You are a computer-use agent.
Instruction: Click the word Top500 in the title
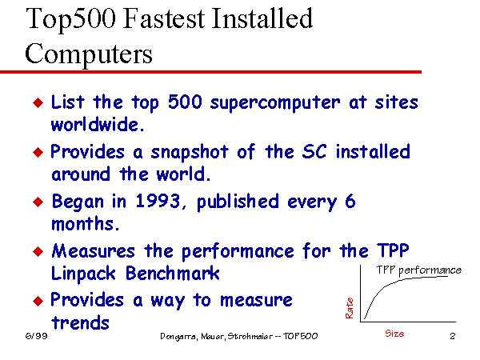click(x=71, y=19)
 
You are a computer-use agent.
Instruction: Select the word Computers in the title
click(x=89, y=54)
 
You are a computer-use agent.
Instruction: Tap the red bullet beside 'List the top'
click(x=38, y=103)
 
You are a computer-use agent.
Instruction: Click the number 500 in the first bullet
click(x=185, y=102)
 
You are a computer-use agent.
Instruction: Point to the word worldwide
click(x=98, y=125)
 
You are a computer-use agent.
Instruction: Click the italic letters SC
click(x=314, y=151)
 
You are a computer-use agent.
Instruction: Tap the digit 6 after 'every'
click(x=350, y=201)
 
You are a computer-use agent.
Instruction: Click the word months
click(x=85, y=223)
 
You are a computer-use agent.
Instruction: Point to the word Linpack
click(x=83, y=274)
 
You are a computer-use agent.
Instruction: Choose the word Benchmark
click(x=173, y=273)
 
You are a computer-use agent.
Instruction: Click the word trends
click(x=80, y=322)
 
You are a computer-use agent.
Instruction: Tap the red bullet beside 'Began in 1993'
click(x=38, y=202)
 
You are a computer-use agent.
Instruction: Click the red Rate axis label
click(x=350, y=308)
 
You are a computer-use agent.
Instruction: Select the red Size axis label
click(x=394, y=334)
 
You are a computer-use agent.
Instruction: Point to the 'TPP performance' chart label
click(x=418, y=270)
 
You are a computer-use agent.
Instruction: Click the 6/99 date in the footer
click(x=37, y=336)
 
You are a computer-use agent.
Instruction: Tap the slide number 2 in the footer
click(x=453, y=336)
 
